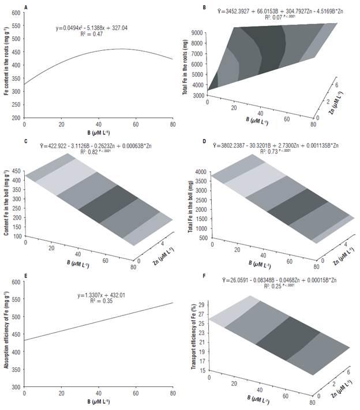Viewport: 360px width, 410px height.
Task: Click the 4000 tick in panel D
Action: [200, 172]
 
